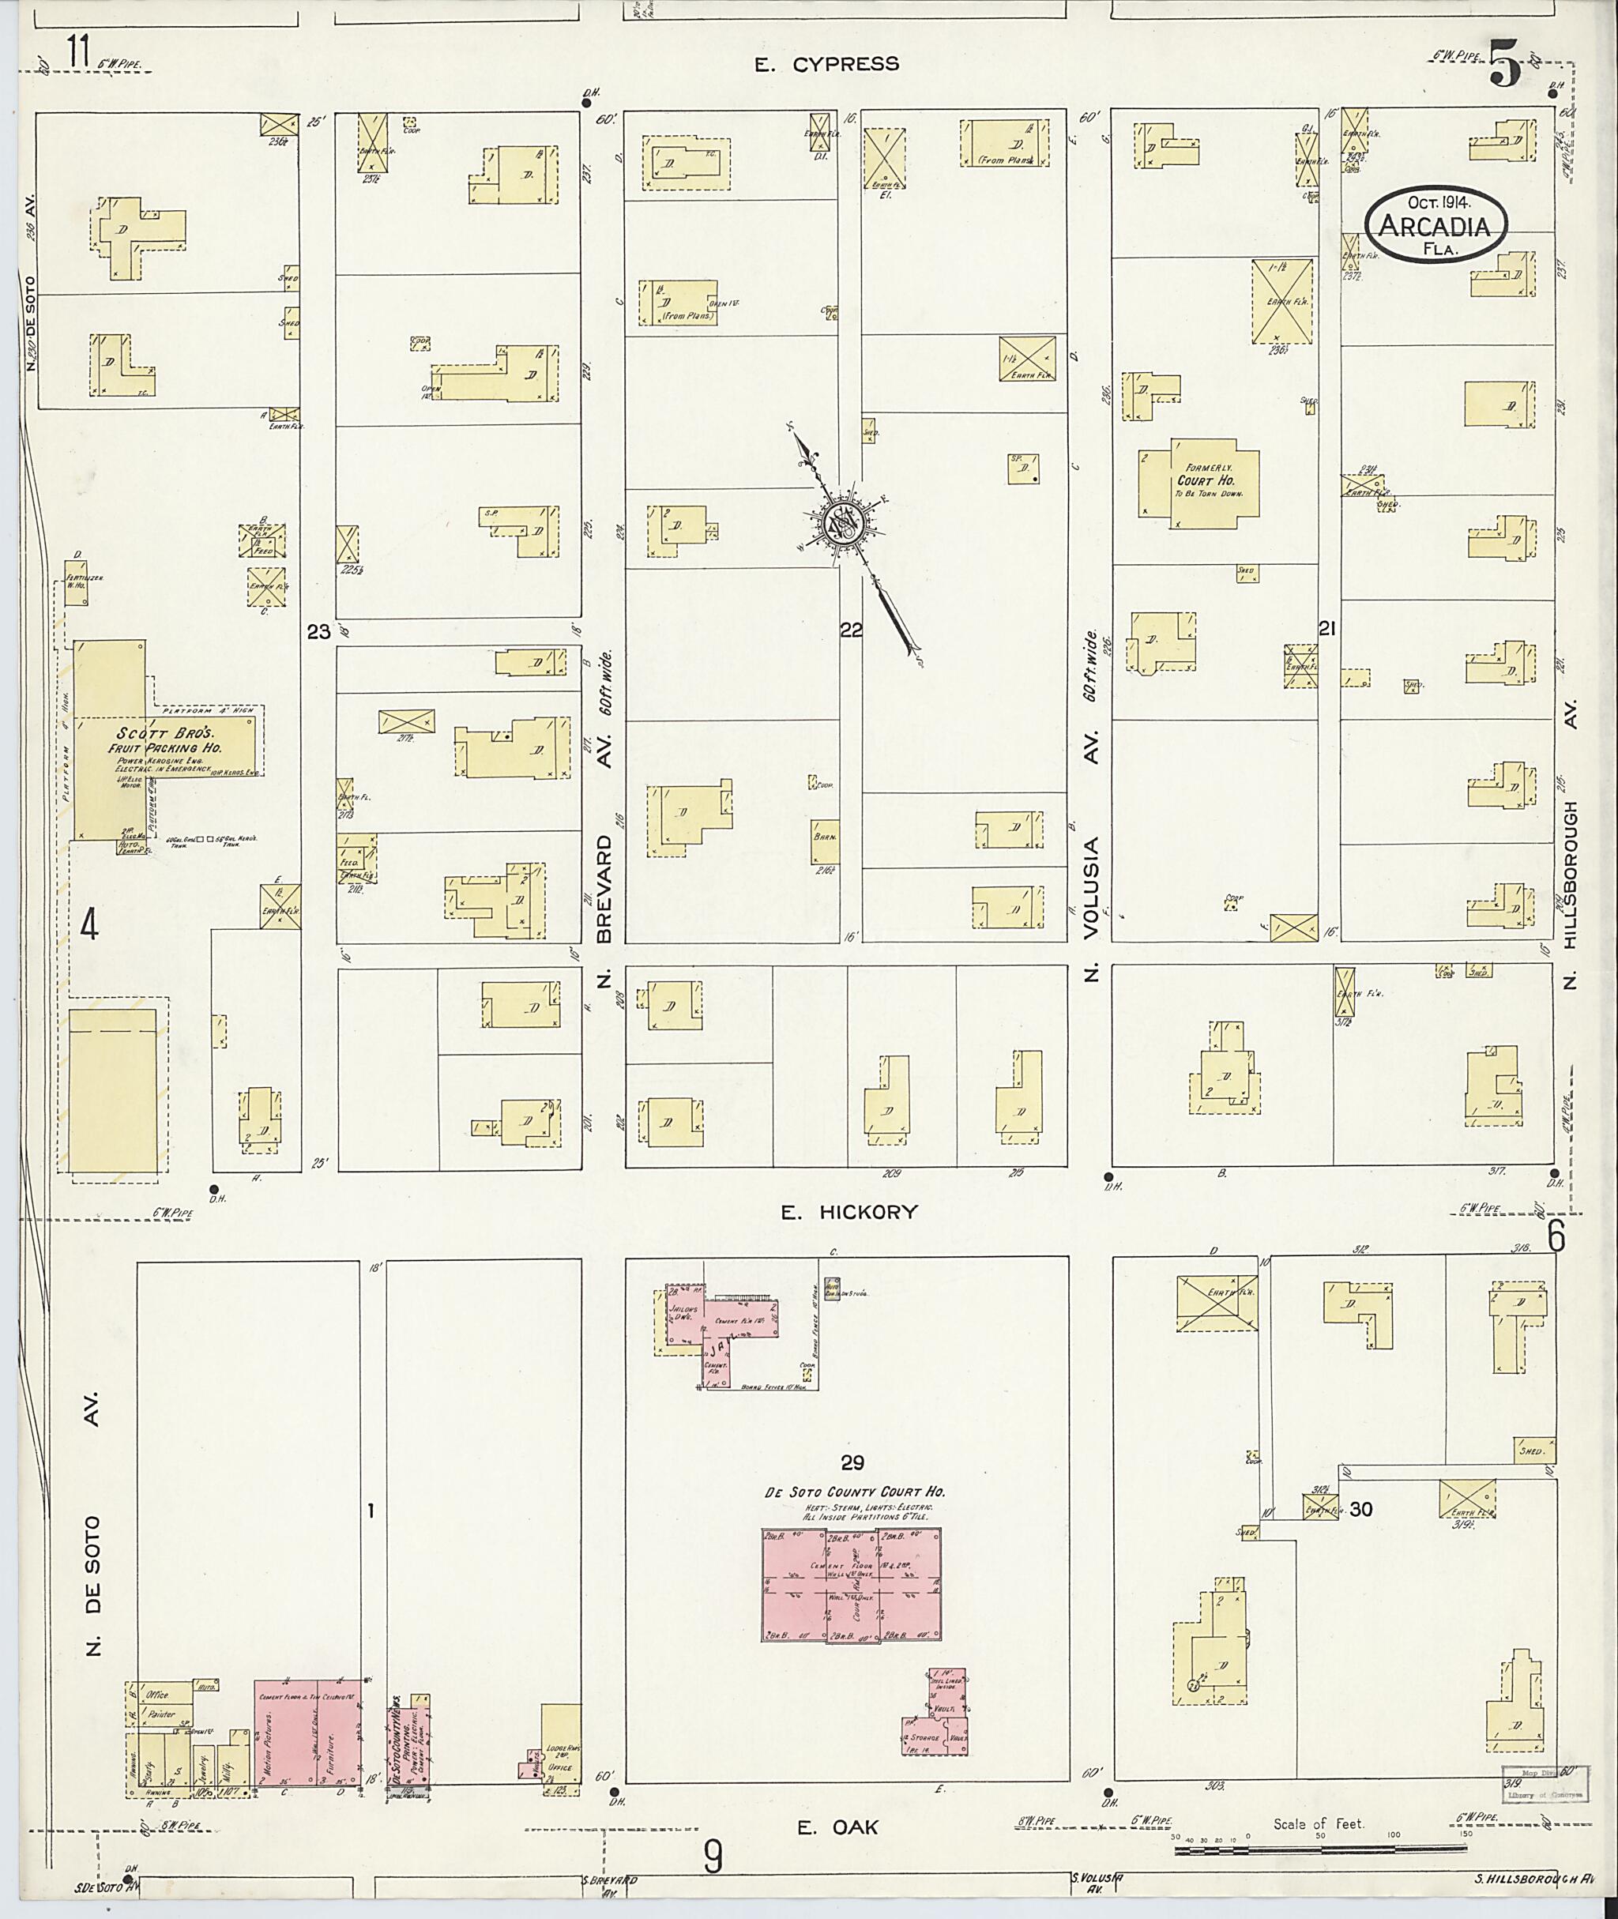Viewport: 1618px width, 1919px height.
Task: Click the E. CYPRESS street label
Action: coord(826,64)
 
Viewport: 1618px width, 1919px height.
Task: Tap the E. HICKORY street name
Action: coord(849,1212)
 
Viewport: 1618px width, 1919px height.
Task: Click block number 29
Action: coord(852,1462)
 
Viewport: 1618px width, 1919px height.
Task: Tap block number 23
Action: coord(318,631)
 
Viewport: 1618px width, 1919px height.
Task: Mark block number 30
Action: coord(1361,1509)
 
